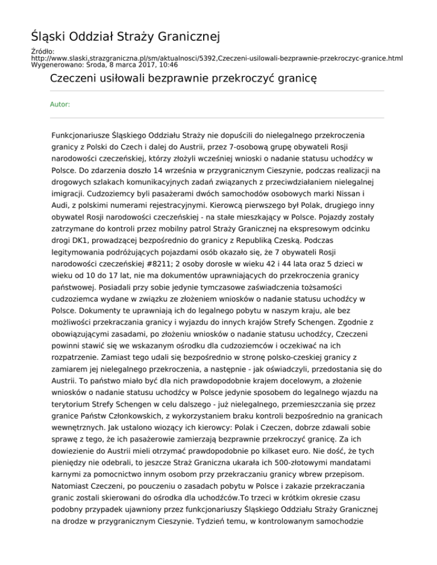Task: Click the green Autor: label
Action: pos(61,104)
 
